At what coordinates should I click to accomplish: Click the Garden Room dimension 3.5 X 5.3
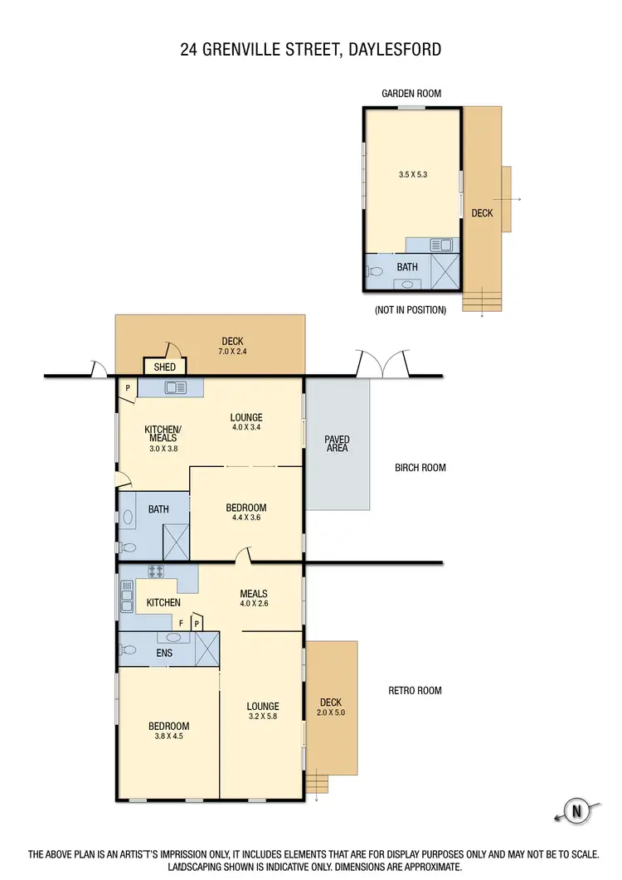[412, 174]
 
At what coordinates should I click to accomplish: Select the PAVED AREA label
[338, 443]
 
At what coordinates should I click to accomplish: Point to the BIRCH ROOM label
[420, 468]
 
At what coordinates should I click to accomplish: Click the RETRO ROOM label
[415, 690]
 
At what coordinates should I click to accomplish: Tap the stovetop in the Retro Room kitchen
[153, 571]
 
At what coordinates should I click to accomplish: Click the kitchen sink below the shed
[175, 387]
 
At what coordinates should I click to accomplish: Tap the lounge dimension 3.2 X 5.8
[262, 717]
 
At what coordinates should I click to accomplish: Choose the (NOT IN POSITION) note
[411, 310]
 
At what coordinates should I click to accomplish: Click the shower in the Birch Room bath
[176, 541]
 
